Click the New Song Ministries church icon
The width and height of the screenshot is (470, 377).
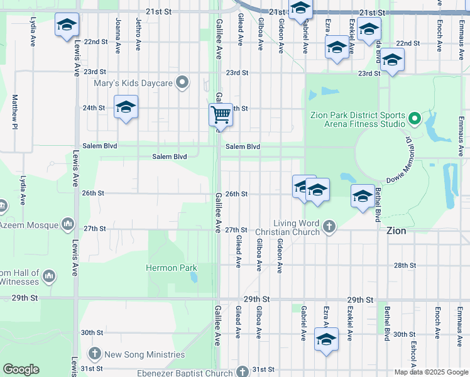(95, 354)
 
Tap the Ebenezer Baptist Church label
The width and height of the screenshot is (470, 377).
(185, 373)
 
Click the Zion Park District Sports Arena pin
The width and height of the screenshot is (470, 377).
(414, 118)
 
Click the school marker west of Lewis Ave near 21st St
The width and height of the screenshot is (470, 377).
(67, 26)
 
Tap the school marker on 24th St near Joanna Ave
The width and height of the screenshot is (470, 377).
(126, 107)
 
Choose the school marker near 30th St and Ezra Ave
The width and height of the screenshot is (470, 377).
(326, 340)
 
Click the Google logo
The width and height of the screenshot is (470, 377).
(21, 369)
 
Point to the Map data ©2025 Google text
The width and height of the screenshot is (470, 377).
(431, 372)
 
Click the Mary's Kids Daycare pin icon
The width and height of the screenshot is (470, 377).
(182, 82)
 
